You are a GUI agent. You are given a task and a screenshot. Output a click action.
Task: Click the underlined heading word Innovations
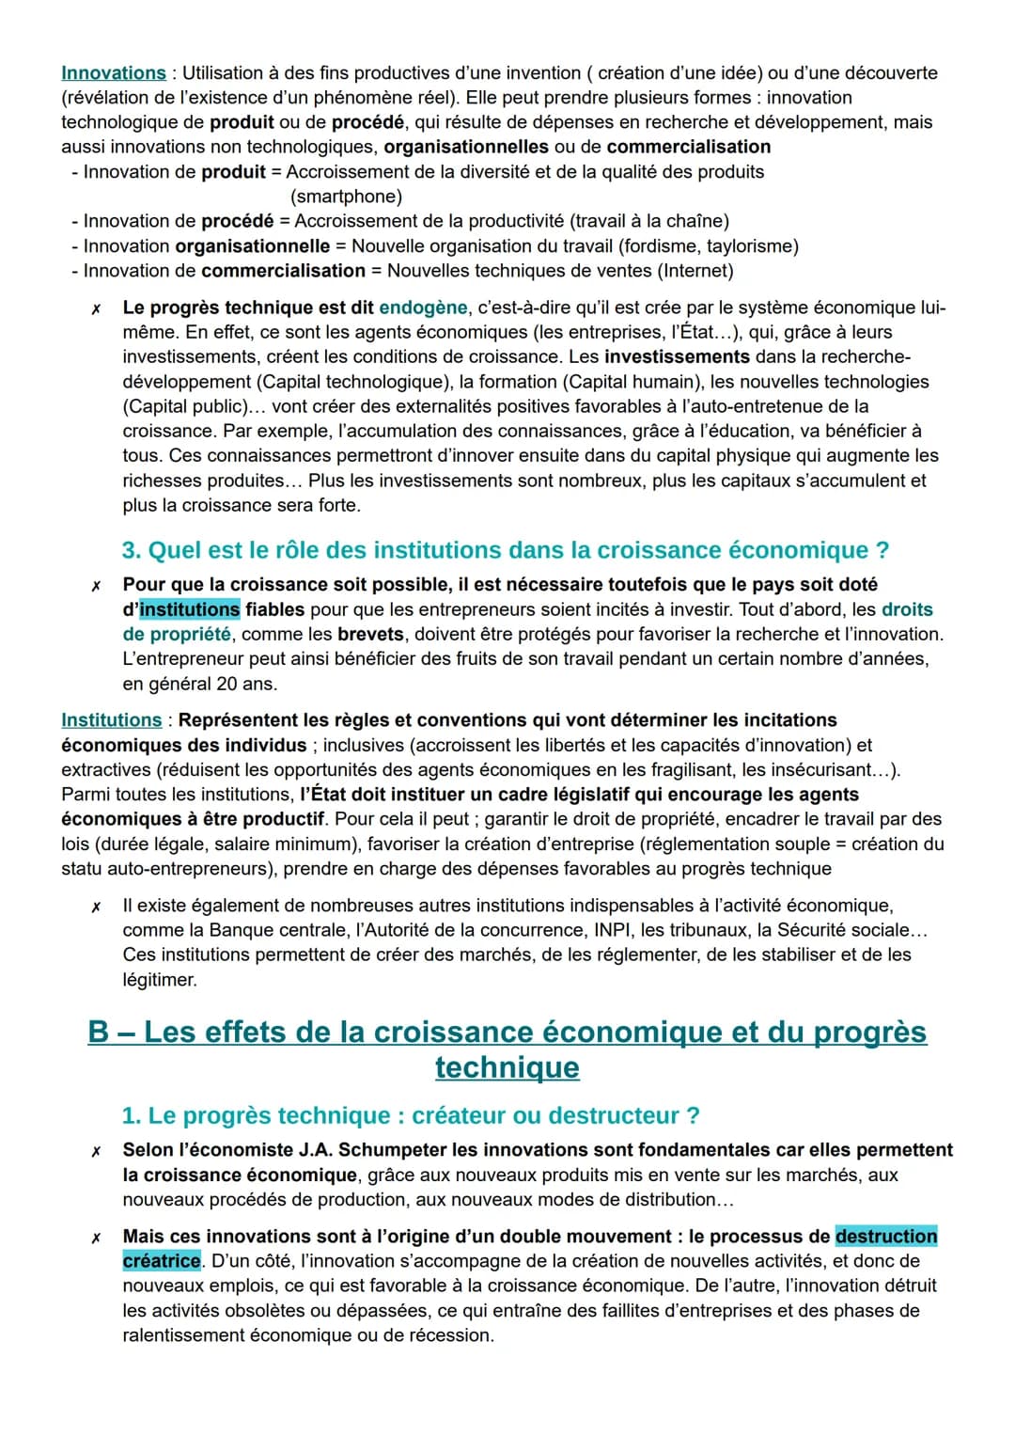(x=113, y=73)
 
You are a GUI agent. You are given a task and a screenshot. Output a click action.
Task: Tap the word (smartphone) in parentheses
(x=346, y=197)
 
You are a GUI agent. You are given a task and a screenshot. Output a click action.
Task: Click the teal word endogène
(x=423, y=308)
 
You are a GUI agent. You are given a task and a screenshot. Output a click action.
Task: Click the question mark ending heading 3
(x=882, y=550)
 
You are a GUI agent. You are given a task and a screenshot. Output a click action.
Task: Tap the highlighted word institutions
(x=190, y=609)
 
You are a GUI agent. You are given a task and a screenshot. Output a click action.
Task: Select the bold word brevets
(x=370, y=634)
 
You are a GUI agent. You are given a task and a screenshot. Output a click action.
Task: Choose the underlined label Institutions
(x=111, y=720)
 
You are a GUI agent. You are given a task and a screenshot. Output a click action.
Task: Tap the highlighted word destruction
(x=886, y=1237)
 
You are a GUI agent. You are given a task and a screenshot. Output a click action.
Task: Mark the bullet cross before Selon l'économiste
(x=94, y=1151)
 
